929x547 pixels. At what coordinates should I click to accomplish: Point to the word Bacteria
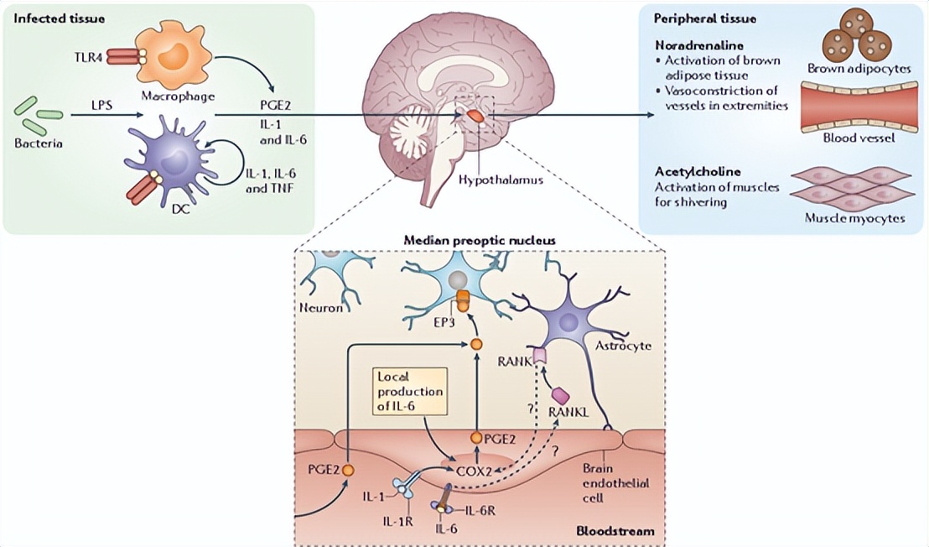pyautogui.click(x=38, y=143)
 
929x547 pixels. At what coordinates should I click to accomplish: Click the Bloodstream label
pyautogui.click(x=616, y=532)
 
